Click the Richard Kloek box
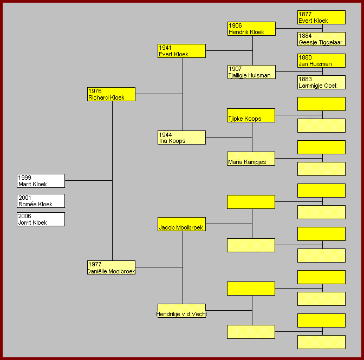tap(111, 94)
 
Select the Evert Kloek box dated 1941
tap(181, 51)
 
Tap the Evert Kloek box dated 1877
tap(321, 17)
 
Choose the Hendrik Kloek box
tap(251, 29)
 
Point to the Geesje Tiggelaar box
tap(321, 39)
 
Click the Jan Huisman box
tap(321, 61)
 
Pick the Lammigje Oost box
tap(321, 82)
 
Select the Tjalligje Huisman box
tap(251, 72)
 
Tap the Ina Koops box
tap(181, 138)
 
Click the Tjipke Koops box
tap(251, 115)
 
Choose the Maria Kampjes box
tap(251, 159)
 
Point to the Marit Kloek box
tap(41, 181)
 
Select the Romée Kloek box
tap(41, 201)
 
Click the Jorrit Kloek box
tap(41, 219)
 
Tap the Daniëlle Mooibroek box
tap(111, 267)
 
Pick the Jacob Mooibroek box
tap(181, 224)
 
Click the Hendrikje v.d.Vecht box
tap(181, 311)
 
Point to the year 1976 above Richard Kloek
tap(95, 91)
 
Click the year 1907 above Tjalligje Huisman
tap(235, 69)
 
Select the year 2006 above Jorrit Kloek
tap(25, 216)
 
